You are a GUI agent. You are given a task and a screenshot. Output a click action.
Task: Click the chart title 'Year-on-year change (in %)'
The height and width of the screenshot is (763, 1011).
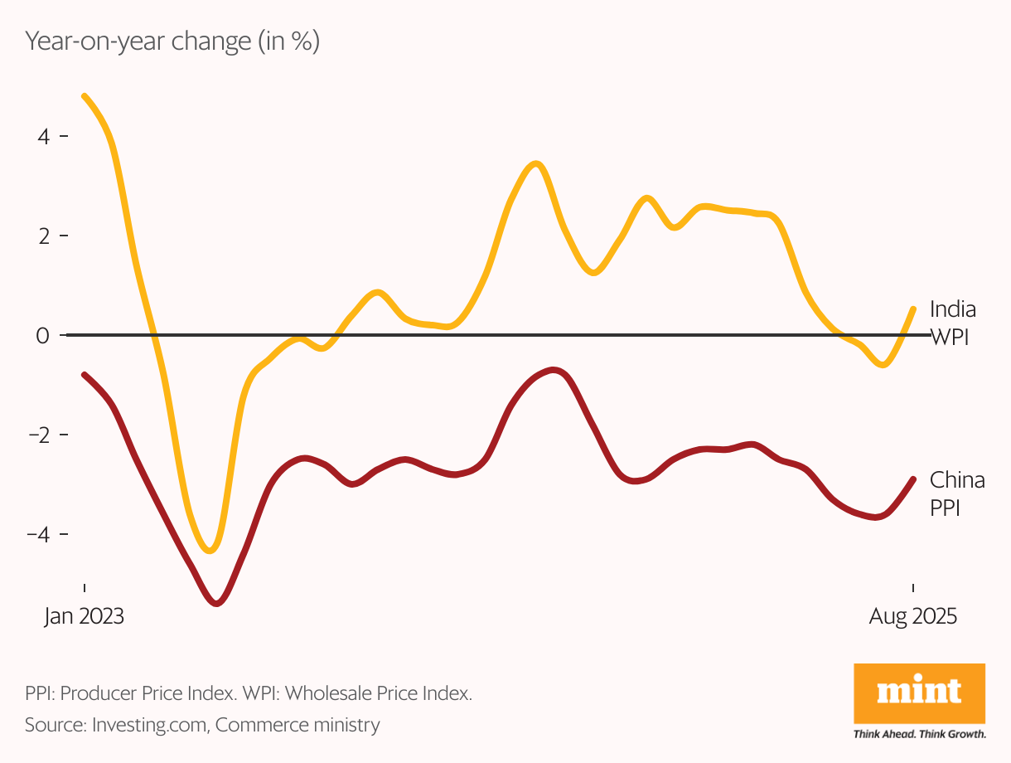point(172,42)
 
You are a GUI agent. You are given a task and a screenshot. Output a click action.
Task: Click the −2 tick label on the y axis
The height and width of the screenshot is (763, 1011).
point(38,435)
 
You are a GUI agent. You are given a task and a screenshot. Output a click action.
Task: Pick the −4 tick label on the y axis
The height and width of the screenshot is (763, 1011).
point(38,534)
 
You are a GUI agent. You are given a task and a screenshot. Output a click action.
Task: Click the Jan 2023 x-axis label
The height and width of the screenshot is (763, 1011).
point(84,617)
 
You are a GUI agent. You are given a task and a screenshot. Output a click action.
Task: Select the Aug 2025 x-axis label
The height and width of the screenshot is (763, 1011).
point(912,617)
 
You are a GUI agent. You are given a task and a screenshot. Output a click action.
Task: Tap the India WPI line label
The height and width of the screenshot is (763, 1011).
point(953,323)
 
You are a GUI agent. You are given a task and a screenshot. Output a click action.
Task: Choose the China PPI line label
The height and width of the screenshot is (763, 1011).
point(957,493)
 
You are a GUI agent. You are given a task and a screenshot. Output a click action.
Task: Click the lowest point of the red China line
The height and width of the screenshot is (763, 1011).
point(217,603)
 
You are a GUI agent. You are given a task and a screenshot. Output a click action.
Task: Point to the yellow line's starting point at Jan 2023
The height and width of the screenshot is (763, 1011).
point(85,96)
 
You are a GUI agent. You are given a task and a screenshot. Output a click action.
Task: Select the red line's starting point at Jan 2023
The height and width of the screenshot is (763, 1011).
point(85,375)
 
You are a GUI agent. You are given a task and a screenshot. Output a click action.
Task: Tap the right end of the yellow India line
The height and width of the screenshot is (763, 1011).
point(913,309)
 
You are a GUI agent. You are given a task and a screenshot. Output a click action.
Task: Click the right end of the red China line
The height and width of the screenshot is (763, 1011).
point(913,479)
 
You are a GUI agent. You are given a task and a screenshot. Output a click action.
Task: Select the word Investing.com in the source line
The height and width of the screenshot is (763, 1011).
point(149,725)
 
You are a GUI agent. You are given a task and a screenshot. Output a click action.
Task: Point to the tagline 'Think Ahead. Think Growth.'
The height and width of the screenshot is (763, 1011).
point(919,734)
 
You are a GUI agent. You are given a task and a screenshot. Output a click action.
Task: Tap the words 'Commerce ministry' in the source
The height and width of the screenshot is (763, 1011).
point(298,725)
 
